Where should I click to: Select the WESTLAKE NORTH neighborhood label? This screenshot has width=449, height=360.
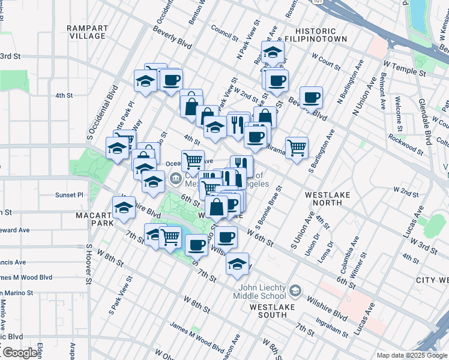pyautogui.click(x=332, y=199)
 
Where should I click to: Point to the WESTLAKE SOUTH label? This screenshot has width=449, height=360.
pyautogui.click(x=274, y=310)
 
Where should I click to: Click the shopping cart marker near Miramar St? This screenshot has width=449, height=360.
pyautogui.click(x=297, y=146)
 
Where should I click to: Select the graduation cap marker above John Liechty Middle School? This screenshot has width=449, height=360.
pyautogui.click(x=238, y=263)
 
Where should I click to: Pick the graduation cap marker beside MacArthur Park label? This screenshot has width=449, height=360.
pyautogui.click(x=124, y=208)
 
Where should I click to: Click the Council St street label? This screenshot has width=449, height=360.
pyautogui.click(x=224, y=32)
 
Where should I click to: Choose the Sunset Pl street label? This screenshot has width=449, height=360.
pyautogui.click(x=70, y=195)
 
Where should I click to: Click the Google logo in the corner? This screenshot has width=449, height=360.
pyautogui.click(x=20, y=353)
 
